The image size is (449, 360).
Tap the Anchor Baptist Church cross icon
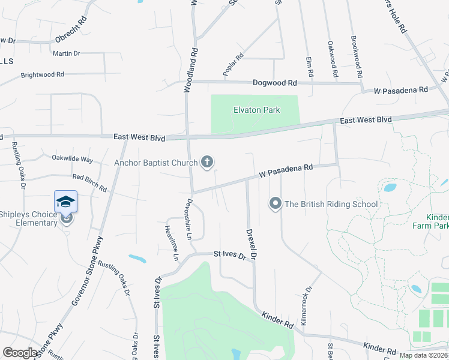(207, 161)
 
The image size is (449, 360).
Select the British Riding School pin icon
(276, 204)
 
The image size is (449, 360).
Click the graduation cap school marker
(65, 201)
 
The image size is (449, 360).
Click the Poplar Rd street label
(233, 65)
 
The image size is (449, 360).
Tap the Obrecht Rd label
(71, 29)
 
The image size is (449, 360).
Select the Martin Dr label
(66, 53)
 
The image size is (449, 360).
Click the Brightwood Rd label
(42, 75)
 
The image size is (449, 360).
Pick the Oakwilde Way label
(72, 160)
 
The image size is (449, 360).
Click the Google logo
(20, 353)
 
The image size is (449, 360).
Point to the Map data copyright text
(423, 355)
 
